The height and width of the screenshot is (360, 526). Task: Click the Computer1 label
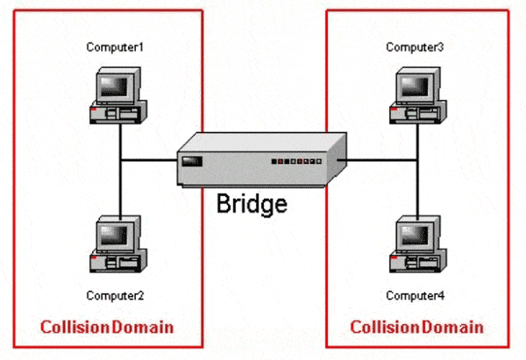[x=115, y=47]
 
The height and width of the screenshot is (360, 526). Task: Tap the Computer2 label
[x=115, y=296]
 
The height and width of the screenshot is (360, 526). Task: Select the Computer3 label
[x=415, y=47]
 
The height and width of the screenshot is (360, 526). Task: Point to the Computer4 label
[x=415, y=296]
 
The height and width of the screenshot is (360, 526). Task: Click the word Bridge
[x=252, y=204]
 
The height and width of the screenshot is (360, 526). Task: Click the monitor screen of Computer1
[x=114, y=86]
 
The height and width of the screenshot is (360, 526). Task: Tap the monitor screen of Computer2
[x=114, y=234]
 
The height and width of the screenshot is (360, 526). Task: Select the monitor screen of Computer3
[x=415, y=86]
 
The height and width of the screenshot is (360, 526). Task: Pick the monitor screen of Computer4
[x=415, y=234]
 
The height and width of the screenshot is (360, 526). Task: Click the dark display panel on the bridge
[x=192, y=161]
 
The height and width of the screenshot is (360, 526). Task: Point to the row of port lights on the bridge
[x=296, y=161]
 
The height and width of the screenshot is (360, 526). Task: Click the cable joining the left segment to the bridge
[x=149, y=160]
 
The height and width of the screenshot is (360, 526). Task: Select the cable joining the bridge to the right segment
[x=377, y=160]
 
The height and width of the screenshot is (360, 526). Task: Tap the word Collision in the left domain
[x=75, y=327]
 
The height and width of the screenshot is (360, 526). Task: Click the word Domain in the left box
[x=143, y=327]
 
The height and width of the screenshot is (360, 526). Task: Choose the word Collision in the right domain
[x=385, y=327]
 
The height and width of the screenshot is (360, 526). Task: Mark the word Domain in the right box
[x=452, y=327]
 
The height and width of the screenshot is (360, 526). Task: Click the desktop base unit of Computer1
[x=118, y=113]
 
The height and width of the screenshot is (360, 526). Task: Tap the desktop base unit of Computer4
[x=418, y=261]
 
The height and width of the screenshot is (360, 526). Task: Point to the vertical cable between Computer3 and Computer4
[x=417, y=172]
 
